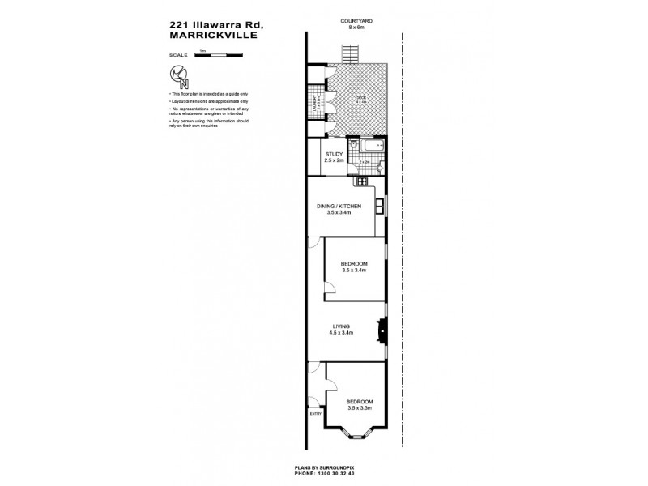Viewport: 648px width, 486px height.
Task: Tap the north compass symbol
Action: pyautogui.click(x=180, y=77)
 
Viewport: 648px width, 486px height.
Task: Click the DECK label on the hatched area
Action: pyautogui.click(x=362, y=100)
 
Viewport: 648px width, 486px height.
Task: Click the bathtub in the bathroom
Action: pyautogui.click(x=372, y=148)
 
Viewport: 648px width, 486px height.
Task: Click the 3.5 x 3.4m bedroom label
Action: pyautogui.click(x=355, y=266)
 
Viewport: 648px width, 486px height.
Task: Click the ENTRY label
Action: pyautogui.click(x=316, y=415)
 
